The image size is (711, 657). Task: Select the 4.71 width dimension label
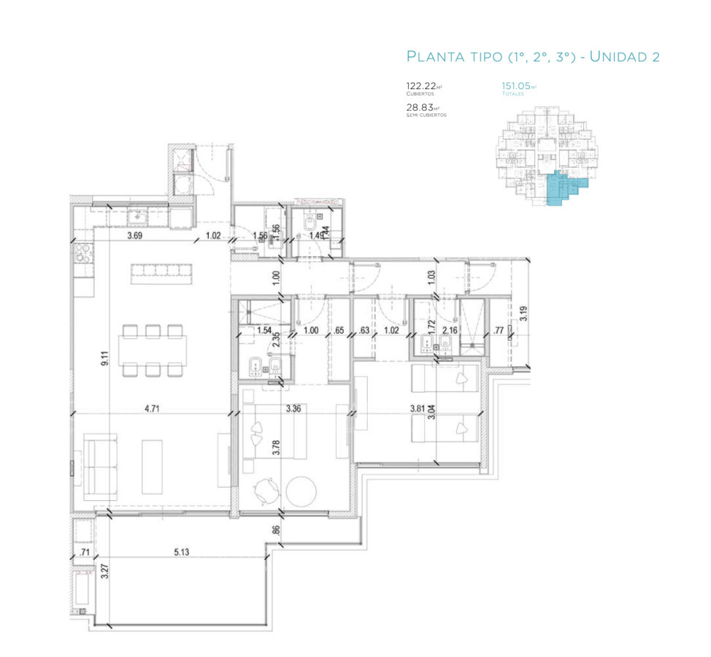(x=152, y=409)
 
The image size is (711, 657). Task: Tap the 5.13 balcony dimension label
(x=181, y=552)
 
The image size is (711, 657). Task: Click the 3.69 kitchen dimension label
(x=134, y=236)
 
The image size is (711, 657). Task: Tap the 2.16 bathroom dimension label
(x=450, y=330)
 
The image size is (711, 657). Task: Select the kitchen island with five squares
(x=162, y=274)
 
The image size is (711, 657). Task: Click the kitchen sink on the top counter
(x=137, y=215)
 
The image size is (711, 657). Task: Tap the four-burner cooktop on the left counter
(x=82, y=255)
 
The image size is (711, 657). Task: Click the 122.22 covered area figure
(x=420, y=85)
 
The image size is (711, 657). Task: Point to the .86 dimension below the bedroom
(x=276, y=531)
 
